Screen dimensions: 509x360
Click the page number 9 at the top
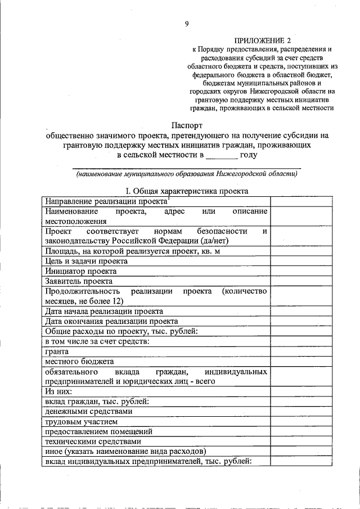point(186,23)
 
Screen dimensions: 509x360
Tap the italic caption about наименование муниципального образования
point(187,174)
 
